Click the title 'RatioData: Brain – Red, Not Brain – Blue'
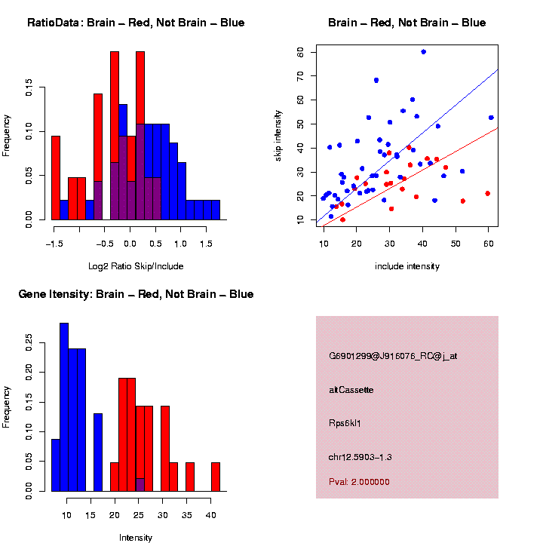[136, 23]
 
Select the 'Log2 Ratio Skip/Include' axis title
[137, 266]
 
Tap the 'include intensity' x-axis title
[407, 266]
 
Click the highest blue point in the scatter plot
[423, 52]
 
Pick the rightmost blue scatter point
[491, 118]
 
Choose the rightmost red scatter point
[488, 194]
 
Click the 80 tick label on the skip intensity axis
[302, 52]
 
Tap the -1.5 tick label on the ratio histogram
[53, 244]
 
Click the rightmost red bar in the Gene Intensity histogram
[216, 477]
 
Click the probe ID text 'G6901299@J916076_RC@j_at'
[393, 356]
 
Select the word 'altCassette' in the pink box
[351, 390]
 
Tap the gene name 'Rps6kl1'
[345, 424]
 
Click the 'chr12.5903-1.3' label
[360, 457]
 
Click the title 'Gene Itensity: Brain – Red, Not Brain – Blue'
[136, 294]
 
